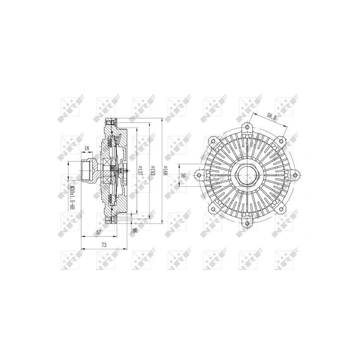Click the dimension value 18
(86, 148)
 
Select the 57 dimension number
(99, 233)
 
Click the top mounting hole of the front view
(247, 128)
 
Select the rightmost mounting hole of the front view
(295, 174)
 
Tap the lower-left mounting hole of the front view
(214, 208)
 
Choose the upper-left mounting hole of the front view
(214, 139)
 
